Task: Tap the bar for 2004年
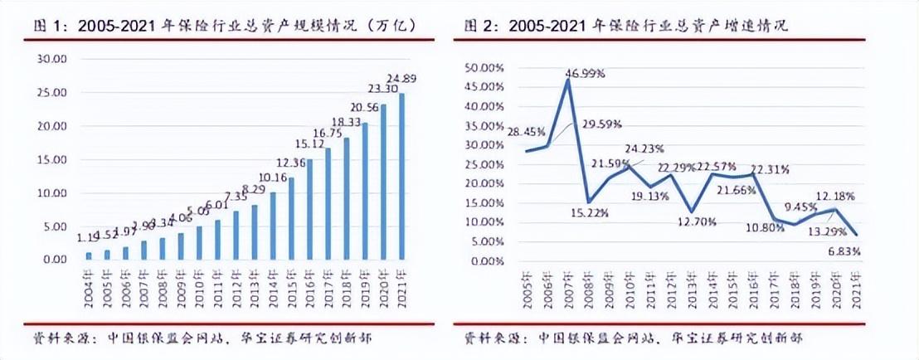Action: pyautogui.click(x=89, y=255)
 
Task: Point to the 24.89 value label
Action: pyautogui.click(x=404, y=80)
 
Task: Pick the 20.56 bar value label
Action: pyautogui.click(x=366, y=107)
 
